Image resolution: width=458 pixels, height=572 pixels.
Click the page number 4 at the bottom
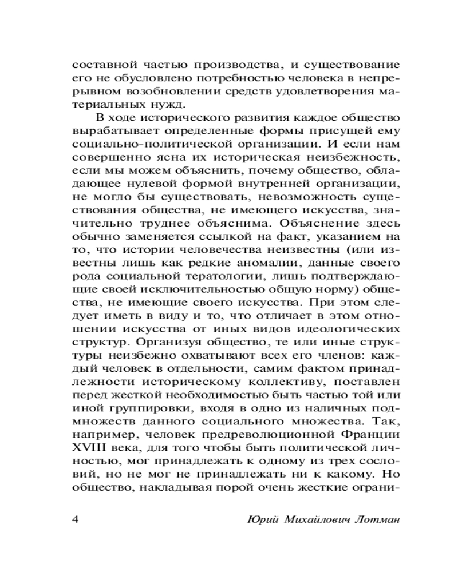click(76, 519)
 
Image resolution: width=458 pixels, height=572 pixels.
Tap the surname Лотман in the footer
click(363, 519)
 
